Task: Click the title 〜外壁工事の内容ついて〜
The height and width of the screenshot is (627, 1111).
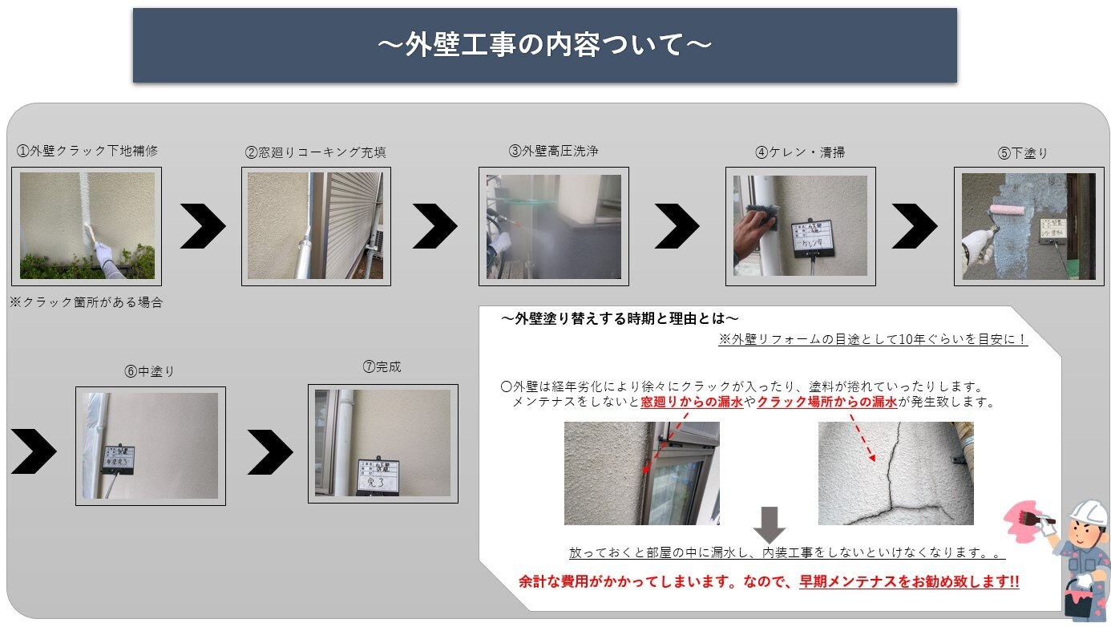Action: (544, 45)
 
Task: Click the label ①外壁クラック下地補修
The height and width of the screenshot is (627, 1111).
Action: (87, 150)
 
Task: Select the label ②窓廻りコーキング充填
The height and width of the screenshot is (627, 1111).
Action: (316, 152)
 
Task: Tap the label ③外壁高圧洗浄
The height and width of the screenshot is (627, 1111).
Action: (553, 150)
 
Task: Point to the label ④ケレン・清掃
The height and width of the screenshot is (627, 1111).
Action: (800, 152)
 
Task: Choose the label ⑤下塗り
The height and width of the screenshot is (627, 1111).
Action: (1023, 153)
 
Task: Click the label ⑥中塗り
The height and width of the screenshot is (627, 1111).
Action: (150, 371)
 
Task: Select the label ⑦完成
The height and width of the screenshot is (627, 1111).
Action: (382, 367)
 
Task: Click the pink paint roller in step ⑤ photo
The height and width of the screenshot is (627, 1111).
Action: (1004, 210)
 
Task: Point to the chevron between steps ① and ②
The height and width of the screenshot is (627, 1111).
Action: (202, 226)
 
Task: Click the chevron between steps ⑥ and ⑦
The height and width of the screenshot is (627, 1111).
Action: (270, 452)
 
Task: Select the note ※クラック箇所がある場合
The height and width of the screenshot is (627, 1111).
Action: (86, 302)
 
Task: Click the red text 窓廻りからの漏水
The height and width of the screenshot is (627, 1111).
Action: (692, 402)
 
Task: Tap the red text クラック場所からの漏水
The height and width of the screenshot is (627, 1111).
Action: (826, 402)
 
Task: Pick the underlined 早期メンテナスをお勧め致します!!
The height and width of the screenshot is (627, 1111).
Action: (909, 582)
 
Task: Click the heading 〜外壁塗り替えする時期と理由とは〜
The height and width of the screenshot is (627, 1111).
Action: (620, 318)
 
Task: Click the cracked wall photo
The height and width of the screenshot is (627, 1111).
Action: (895, 473)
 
